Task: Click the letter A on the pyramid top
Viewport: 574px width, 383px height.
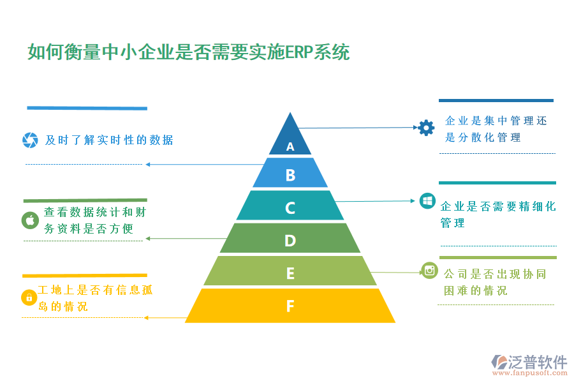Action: [x=290, y=147]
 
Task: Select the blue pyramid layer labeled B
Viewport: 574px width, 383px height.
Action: [x=290, y=174]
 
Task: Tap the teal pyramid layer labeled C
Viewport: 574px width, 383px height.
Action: [x=290, y=207]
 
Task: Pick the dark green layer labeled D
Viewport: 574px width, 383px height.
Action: [x=290, y=240]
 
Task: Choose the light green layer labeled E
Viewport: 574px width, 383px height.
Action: [x=290, y=273]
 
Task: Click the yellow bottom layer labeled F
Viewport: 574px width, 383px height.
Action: [x=290, y=306]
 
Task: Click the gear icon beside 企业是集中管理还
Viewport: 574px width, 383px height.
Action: [x=426, y=128]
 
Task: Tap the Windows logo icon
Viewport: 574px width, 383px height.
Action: [x=427, y=202]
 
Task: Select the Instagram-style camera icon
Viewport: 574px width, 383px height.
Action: [x=430, y=271]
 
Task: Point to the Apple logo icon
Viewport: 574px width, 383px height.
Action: [x=30, y=220]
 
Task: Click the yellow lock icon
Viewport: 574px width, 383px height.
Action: [x=29, y=297]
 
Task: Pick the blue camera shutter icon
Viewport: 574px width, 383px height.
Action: [x=30, y=140]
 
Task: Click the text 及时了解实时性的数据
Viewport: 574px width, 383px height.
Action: [x=109, y=140]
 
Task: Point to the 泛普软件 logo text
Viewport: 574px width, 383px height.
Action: [x=537, y=361]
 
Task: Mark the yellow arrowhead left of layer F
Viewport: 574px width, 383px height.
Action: [x=147, y=317]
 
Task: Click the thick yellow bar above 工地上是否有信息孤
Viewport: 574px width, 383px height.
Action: [x=84, y=276]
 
